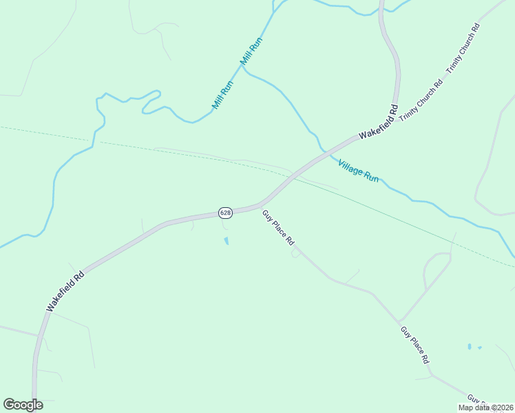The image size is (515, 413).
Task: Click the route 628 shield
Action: [x=225, y=213]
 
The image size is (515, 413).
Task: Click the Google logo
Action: [x=23, y=405]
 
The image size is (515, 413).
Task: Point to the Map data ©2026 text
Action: [x=485, y=407]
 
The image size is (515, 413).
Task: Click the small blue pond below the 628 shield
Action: [x=226, y=241]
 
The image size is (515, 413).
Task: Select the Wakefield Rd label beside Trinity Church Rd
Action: [x=377, y=122]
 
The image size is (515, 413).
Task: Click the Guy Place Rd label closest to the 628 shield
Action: [x=278, y=228]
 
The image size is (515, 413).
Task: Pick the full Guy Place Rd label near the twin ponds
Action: [x=415, y=345]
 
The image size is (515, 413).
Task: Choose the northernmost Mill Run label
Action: [x=251, y=52]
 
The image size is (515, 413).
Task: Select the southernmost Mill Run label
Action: [x=223, y=96]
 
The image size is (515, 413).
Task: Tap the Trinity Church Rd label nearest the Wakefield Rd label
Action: [x=420, y=102]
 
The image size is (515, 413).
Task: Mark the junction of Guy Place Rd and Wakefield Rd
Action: [x=262, y=204]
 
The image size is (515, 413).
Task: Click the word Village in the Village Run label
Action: [x=350, y=165]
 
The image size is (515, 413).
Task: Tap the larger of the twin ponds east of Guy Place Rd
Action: [x=469, y=346]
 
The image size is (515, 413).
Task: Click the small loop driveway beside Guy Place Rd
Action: [x=295, y=253]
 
